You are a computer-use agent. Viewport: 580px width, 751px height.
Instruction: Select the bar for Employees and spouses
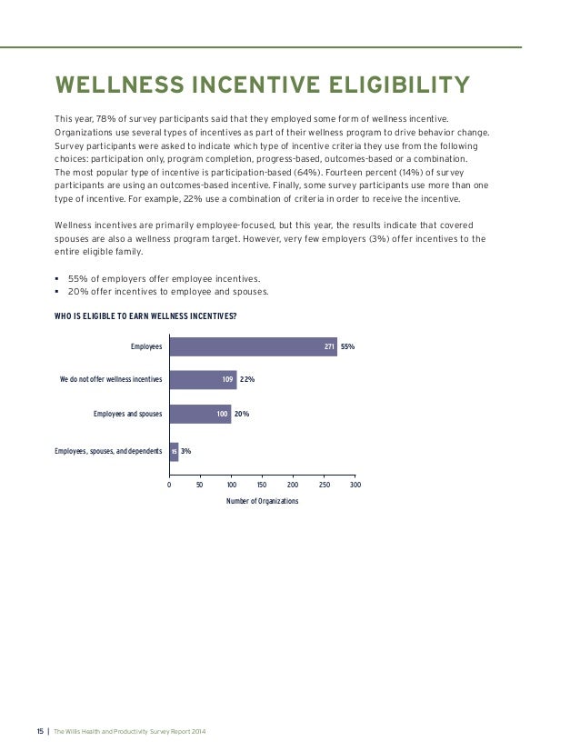coord(200,414)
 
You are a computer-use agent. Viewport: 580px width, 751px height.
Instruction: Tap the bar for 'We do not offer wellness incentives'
coord(203,380)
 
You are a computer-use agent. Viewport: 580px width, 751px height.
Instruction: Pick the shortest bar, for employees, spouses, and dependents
coord(174,451)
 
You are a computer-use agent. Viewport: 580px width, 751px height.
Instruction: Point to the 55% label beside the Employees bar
coord(347,346)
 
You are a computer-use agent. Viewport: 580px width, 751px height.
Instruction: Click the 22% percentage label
coord(246,380)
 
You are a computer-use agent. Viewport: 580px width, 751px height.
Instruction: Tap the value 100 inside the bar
coord(222,414)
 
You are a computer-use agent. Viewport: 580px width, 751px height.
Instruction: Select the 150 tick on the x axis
coord(263,486)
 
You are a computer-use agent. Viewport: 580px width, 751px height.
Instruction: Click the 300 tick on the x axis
coord(355,486)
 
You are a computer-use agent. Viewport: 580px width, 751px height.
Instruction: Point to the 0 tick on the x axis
coord(169,486)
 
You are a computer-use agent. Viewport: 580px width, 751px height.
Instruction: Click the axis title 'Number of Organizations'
coord(262,501)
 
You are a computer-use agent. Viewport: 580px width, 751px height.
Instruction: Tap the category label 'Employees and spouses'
coord(127,414)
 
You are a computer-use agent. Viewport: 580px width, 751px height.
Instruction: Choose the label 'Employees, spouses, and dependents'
coord(108,451)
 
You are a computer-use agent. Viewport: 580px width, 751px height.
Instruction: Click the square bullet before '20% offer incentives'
coord(57,291)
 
